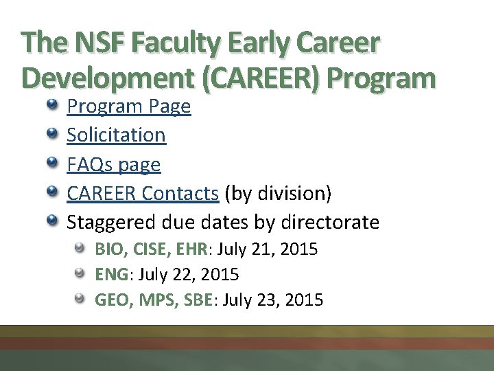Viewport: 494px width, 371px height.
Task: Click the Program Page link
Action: coord(128,106)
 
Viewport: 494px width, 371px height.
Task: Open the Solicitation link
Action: coord(116,135)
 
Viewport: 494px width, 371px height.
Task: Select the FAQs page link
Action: coord(113,165)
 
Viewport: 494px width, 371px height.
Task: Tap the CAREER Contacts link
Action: coord(143,194)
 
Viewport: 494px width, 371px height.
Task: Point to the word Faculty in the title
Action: coord(176,45)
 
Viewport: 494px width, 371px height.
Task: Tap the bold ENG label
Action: coord(111,275)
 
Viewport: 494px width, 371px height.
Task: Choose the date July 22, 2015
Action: coord(189,275)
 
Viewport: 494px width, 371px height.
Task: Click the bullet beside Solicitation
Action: coord(53,134)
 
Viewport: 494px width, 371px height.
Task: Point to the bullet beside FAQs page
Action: coord(53,164)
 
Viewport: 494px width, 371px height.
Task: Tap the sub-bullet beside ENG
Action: coord(80,274)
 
